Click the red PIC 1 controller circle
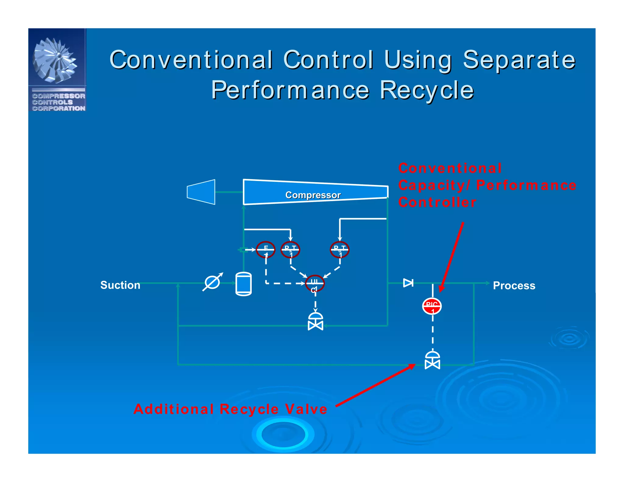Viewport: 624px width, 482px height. pos(432,306)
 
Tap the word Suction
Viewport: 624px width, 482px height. pos(120,285)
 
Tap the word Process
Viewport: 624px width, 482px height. pos(514,285)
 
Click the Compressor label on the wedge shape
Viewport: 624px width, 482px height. pos(313,195)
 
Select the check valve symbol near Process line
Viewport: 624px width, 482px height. pos(408,283)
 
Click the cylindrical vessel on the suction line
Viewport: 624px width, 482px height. pos(243,284)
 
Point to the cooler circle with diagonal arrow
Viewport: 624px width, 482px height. pos(212,282)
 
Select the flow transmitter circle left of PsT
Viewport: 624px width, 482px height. pos(266,250)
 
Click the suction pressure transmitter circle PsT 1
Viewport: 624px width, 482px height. pos(290,250)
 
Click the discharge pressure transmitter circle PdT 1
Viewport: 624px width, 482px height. pos(340,250)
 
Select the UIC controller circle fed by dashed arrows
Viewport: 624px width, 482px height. pos(315,283)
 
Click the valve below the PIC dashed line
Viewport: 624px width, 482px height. pos(432,361)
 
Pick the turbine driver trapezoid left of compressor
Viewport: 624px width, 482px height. pos(201,192)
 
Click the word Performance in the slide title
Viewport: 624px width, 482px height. pos(290,90)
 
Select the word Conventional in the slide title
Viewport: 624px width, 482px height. pos(191,60)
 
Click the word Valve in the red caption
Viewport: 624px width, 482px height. pos(306,409)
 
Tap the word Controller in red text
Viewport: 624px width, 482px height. pos(437,203)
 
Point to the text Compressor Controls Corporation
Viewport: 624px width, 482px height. pos(58,102)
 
